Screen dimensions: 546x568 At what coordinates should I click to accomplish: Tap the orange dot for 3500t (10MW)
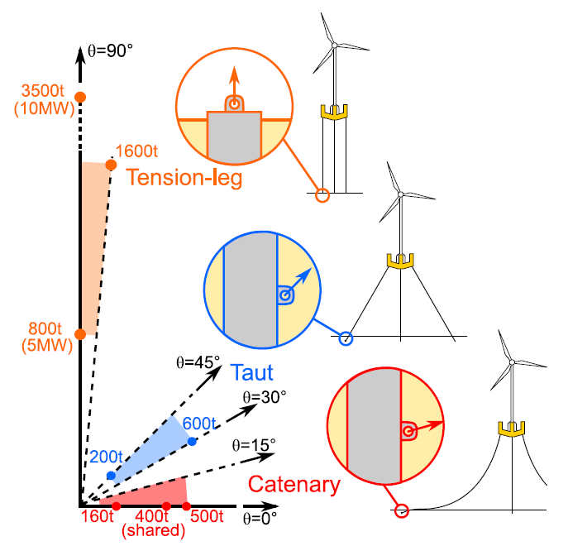(x=80, y=97)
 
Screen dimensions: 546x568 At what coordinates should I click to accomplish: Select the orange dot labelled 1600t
(x=111, y=164)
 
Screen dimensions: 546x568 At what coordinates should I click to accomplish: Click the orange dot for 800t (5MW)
(x=80, y=334)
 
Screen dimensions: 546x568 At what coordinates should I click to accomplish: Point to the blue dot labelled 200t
(x=111, y=476)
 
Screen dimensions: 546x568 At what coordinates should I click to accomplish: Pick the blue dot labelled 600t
(x=192, y=442)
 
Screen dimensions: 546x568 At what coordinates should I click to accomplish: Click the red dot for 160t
(x=116, y=506)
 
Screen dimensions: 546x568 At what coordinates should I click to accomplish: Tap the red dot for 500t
(x=186, y=506)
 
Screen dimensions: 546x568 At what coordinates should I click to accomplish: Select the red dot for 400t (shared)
(x=166, y=506)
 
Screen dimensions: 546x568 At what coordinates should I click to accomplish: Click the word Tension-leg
(x=184, y=179)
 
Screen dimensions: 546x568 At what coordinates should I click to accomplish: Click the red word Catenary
(x=294, y=484)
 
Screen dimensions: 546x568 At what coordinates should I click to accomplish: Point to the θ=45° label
(x=198, y=362)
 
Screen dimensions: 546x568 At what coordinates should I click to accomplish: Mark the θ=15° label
(x=253, y=445)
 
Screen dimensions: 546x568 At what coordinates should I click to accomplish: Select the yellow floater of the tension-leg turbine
(x=335, y=112)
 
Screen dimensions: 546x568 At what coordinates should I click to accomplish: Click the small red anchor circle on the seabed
(x=402, y=510)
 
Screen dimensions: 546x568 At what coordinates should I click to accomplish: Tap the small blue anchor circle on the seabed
(x=346, y=338)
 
